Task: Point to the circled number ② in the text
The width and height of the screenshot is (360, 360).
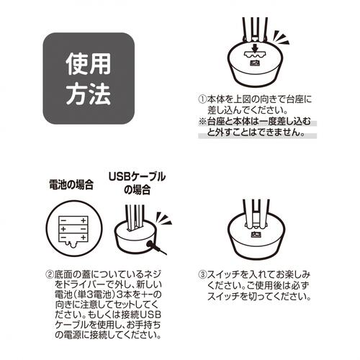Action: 50,275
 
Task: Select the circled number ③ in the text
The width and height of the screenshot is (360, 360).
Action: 202,275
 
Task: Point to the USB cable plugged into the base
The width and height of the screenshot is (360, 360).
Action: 153,248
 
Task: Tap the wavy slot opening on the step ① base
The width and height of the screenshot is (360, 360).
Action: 251,57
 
